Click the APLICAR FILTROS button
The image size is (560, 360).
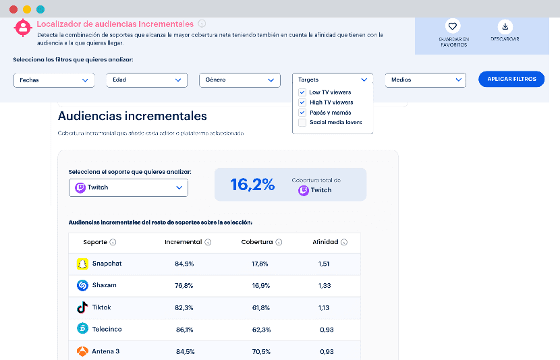(511, 79)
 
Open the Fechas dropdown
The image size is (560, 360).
(54, 80)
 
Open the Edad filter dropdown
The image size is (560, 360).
(146, 80)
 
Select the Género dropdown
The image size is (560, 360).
(240, 80)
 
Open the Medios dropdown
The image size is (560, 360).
(425, 80)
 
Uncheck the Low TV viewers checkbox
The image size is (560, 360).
(302, 92)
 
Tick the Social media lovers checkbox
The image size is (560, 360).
(302, 123)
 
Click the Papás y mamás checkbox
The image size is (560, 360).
(302, 113)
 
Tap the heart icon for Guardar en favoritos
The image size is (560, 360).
(453, 26)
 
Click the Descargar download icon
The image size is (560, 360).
(504, 26)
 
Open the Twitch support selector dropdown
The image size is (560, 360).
(128, 187)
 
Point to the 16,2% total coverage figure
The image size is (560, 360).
(252, 185)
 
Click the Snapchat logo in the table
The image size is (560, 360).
(82, 264)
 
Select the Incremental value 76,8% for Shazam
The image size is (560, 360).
(184, 285)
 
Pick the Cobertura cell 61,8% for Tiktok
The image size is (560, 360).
(260, 307)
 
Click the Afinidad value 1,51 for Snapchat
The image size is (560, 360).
(324, 264)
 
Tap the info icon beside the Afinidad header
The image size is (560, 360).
(344, 242)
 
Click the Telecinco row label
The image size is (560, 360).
(107, 330)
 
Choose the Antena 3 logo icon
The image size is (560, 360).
(82, 351)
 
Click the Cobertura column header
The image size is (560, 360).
(257, 242)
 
